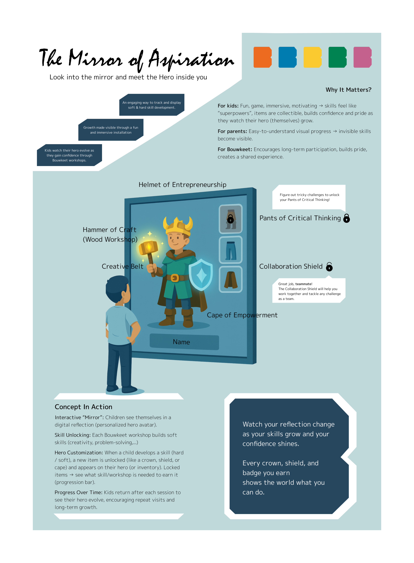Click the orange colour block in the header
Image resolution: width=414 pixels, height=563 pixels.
point(262,57)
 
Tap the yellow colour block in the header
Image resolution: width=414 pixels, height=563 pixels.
point(312,57)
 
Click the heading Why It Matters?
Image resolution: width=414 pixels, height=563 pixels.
point(348,90)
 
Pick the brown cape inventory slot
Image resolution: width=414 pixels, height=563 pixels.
point(231,279)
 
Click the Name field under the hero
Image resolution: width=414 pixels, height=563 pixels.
point(184,342)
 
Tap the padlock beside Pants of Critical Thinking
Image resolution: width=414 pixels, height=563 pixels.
point(347,218)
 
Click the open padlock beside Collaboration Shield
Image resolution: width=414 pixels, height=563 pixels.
point(329,267)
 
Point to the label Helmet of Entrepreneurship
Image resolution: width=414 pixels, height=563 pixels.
point(182,185)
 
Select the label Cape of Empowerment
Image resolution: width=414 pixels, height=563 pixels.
point(242,315)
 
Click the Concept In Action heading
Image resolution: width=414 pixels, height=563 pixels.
point(83,407)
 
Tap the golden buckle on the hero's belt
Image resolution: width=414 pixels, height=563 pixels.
point(175,278)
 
